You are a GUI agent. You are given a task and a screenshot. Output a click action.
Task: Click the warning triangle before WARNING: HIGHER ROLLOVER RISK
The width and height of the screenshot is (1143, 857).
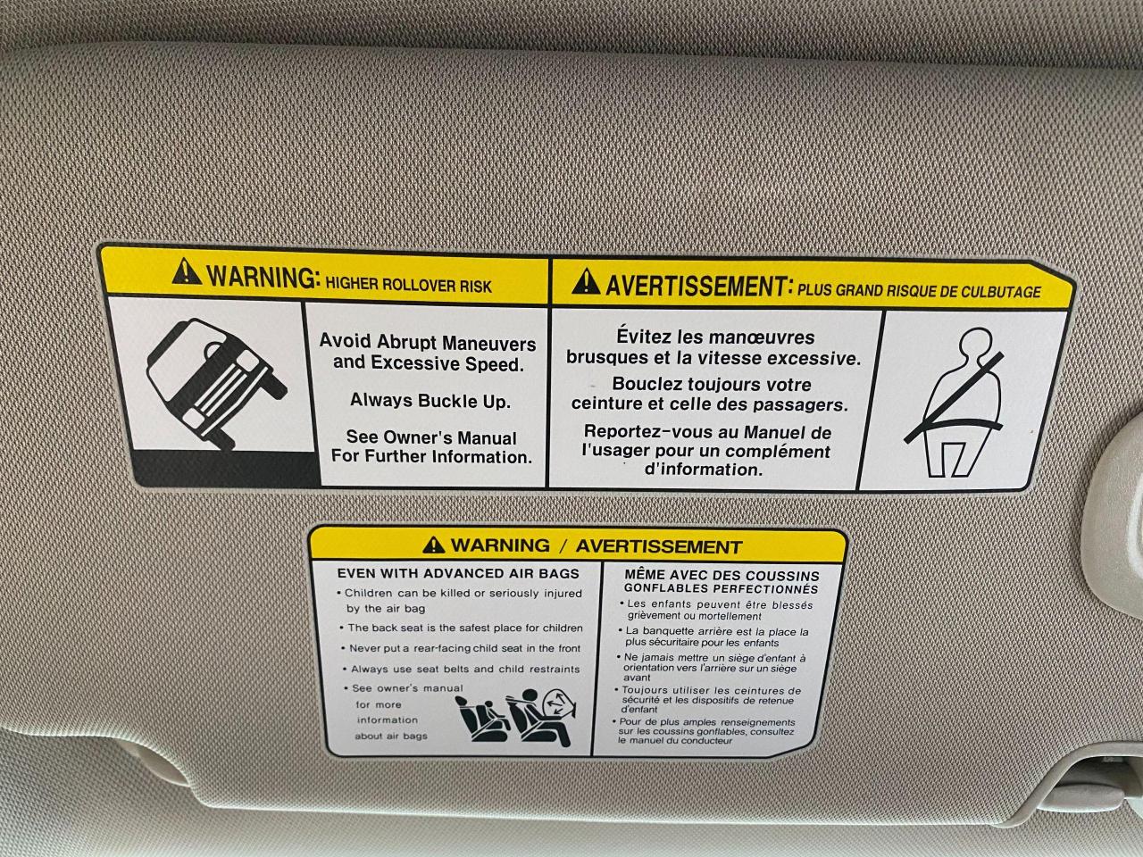pyautogui.click(x=187, y=271)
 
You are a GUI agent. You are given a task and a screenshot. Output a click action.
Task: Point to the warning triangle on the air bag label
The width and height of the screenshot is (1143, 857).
pyautogui.click(x=433, y=545)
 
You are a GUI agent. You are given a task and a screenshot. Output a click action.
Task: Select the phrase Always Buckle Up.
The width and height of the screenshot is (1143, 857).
pyautogui.click(x=430, y=401)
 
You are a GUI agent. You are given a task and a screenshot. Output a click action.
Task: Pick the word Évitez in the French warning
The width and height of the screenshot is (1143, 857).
pyautogui.click(x=644, y=337)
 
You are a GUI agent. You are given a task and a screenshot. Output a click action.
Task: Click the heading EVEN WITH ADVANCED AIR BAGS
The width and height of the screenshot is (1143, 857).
pyautogui.click(x=458, y=573)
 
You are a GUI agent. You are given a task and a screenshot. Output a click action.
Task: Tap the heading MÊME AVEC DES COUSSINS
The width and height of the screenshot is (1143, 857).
pyautogui.click(x=722, y=576)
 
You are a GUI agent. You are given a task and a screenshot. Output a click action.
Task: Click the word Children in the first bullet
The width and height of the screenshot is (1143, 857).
pyautogui.click(x=369, y=593)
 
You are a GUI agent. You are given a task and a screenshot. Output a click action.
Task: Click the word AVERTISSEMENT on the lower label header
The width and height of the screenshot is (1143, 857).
pyautogui.click(x=659, y=546)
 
